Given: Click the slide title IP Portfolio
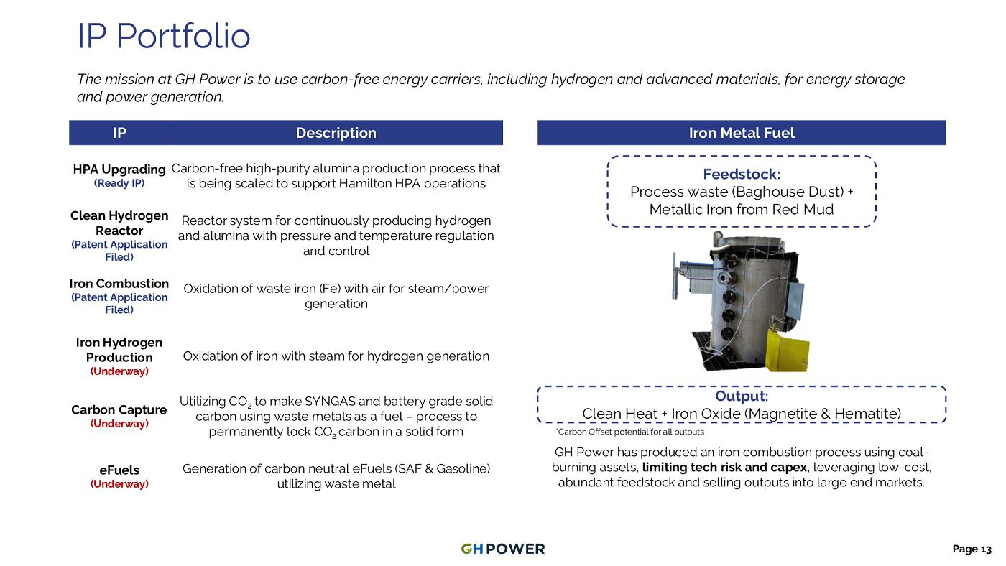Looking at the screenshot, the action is (x=164, y=36).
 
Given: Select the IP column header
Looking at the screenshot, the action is (x=119, y=133).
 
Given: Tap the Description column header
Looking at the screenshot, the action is (x=336, y=133).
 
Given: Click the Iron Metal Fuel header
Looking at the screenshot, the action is (x=742, y=133).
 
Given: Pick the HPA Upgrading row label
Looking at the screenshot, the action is (x=119, y=170).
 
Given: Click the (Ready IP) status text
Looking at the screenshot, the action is (x=119, y=183).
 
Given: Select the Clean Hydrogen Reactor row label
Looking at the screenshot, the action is (x=119, y=223).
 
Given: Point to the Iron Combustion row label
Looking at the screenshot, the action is (x=119, y=283).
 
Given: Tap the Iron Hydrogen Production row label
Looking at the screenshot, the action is (x=119, y=350).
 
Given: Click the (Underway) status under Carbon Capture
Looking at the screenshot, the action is (x=119, y=423).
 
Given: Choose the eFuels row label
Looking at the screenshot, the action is (x=119, y=470).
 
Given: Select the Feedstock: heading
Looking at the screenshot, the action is (x=742, y=174).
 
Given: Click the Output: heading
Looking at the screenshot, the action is (x=742, y=396).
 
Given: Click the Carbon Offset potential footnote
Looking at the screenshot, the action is (x=629, y=432).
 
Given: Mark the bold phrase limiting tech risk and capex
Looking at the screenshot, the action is (x=724, y=468).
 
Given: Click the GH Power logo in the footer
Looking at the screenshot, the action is (x=502, y=549).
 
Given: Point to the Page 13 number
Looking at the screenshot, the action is (x=972, y=549).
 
